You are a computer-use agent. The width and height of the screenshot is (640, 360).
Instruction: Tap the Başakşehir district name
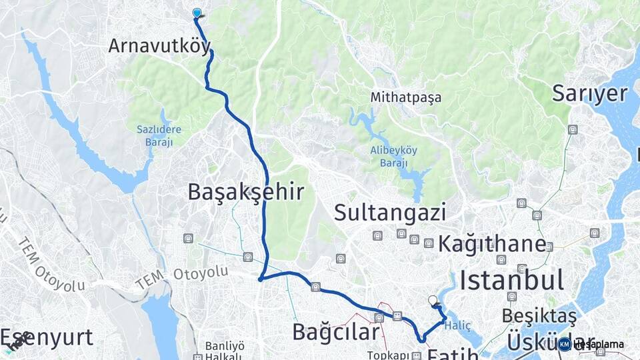pyautogui.click(x=245, y=192)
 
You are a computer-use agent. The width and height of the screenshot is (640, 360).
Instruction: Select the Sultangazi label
pyautogui.click(x=389, y=213)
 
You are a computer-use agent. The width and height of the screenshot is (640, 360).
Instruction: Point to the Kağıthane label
pyautogui.click(x=491, y=244)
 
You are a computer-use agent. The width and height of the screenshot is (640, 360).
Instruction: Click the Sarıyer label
pyautogui.click(x=589, y=94)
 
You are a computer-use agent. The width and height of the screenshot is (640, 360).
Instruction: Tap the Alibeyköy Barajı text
pyautogui.click(x=393, y=155)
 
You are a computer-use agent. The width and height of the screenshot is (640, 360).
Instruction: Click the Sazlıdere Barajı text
pyautogui.click(x=155, y=135)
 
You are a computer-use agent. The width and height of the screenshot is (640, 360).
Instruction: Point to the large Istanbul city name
pyautogui.click(x=512, y=279)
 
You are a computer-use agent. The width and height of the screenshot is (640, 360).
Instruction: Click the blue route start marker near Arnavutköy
pyautogui.click(x=197, y=13)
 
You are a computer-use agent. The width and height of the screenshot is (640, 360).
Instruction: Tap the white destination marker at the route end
pyautogui.click(x=433, y=301)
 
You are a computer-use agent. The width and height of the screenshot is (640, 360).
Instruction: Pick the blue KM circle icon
pyautogui.click(x=565, y=344)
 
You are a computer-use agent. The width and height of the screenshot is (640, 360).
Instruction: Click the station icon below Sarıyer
pyautogui.click(x=573, y=129)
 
